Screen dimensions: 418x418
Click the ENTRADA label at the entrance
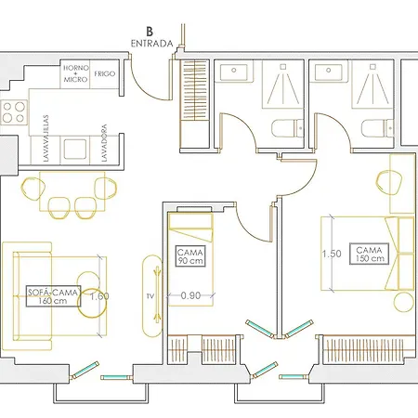pyautogui.click(x=151, y=44)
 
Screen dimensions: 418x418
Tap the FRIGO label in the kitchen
pyautogui.click(x=105, y=73)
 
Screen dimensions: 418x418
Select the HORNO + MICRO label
pyautogui.click(x=76, y=73)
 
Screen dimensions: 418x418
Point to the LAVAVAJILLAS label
pyautogui.click(x=46, y=138)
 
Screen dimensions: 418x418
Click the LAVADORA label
pyautogui.click(x=104, y=143)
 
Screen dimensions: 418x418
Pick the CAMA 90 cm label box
pyautogui.click(x=190, y=256)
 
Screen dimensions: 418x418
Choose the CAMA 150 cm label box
pyautogui.click(x=369, y=254)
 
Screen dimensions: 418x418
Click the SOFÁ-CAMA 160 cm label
pyautogui.click(x=53, y=296)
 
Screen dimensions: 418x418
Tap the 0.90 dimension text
pyautogui.click(x=190, y=295)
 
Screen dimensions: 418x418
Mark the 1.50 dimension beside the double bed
pyautogui.click(x=332, y=254)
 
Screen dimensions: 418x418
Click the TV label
pyautogui.click(x=150, y=296)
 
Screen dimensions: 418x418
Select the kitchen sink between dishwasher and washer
pyautogui.click(x=75, y=149)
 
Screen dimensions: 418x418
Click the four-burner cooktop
pyautogui.click(x=14, y=112)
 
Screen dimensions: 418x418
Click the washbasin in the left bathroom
pyautogui.click(x=234, y=72)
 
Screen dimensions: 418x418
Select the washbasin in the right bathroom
pyautogui.click(x=329, y=72)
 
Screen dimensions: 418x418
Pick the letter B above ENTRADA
pyautogui.click(x=150, y=32)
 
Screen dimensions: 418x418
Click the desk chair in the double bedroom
pyautogui.click(x=389, y=182)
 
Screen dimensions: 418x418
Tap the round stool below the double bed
pyautogui.click(x=404, y=302)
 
